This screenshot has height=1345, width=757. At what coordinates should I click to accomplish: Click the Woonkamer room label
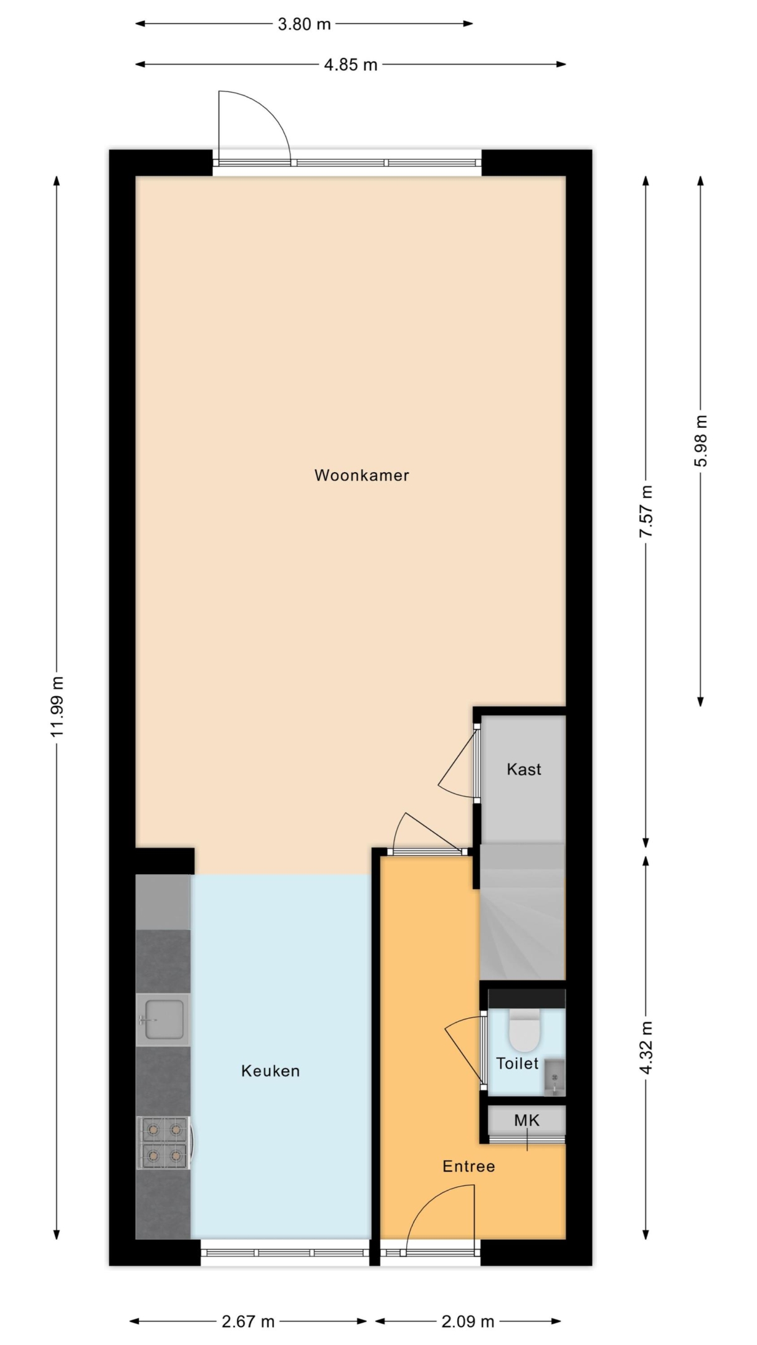click(x=361, y=475)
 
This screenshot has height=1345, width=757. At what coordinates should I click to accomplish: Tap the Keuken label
click(x=270, y=1071)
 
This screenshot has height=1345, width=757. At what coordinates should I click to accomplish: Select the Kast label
click(x=524, y=770)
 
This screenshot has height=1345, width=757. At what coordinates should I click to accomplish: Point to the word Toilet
click(x=517, y=1064)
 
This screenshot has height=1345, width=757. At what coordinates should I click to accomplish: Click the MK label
click(x=526, y=1121)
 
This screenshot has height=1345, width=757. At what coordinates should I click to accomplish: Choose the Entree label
click(x=469, y=1166)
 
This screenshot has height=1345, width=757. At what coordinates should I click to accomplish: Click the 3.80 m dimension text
click(x=304, y=24)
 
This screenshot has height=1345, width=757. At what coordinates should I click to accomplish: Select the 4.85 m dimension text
click(x=351, y=65)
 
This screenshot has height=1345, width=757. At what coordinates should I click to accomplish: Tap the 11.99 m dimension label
click(x=57, y=706)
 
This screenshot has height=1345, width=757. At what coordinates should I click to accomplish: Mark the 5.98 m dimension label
click(x=701, y=441)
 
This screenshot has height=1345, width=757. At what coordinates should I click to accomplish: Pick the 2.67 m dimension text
click(x=248, y=1321)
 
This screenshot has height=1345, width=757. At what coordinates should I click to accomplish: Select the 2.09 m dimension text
click(x=468, y=1321)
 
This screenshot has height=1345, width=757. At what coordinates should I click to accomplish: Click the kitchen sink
click(x=163, y=1020)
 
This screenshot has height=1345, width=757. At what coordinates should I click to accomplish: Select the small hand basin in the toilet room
click(x=554, y=1077)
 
